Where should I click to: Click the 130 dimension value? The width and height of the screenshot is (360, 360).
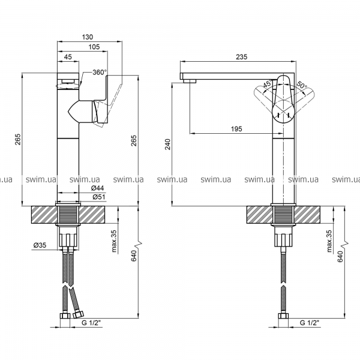88,37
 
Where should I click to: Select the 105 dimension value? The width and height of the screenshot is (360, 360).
94,47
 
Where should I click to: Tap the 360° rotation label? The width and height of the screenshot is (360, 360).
100,73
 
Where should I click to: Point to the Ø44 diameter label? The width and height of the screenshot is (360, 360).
98,188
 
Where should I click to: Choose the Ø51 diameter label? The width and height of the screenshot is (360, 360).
99,197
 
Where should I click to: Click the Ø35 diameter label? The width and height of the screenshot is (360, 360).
40,245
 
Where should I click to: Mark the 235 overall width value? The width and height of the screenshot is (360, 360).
242,57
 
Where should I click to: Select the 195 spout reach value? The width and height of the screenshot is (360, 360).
236,129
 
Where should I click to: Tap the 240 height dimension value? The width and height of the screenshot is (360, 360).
168,144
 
